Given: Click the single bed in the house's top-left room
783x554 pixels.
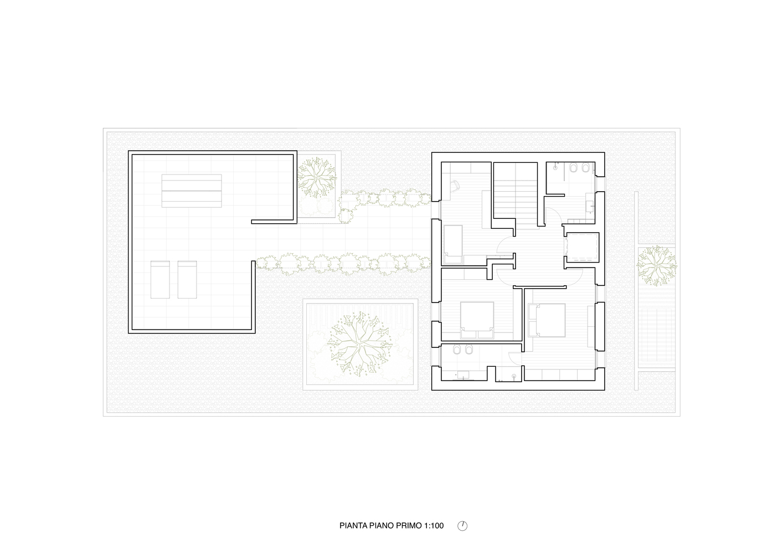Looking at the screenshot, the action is pos(453,245).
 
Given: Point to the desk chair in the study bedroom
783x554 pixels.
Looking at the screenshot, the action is pos(456,186).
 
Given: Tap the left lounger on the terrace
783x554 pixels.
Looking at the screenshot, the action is pos(160,279).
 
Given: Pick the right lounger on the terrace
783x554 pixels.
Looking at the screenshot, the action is pos(187,279).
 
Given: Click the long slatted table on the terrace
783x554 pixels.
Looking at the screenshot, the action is pos(192,191).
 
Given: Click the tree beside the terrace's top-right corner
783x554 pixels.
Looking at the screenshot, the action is pos(317,178).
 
